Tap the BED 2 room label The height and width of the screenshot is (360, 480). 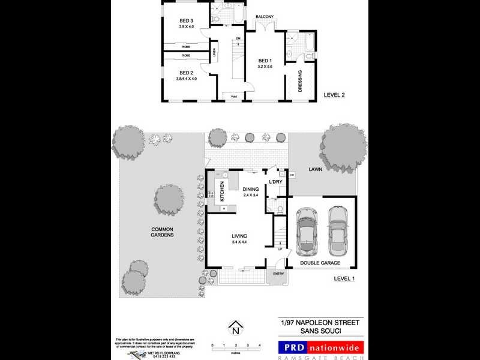pos(186,73)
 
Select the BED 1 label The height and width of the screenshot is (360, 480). pos(265,61)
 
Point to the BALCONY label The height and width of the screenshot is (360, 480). pos(265,16)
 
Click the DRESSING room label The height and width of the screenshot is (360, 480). pos(300,82)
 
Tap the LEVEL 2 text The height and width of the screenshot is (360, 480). pos(334,95)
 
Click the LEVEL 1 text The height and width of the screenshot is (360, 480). pos(344,278)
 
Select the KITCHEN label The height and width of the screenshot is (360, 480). pos(221,191)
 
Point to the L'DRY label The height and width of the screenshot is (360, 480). pos(275,182)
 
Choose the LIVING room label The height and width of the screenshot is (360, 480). pos(239,236)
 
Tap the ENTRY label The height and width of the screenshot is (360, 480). pos(278,274)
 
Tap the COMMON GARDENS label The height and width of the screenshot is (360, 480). pos(162,232)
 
